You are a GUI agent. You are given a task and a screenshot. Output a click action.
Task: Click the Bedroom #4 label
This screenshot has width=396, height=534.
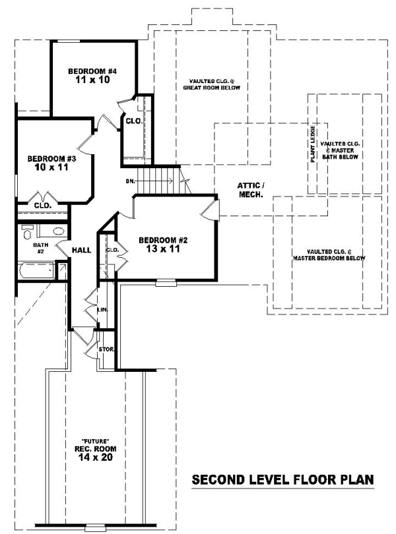92,71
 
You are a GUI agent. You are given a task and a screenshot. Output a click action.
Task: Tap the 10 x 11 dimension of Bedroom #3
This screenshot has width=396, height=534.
51,167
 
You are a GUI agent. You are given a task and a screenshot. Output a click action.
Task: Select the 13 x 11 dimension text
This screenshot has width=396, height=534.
163,249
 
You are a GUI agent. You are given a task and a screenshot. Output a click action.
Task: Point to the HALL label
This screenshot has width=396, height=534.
82,250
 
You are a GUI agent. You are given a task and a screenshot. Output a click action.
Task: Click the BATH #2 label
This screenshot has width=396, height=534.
40,248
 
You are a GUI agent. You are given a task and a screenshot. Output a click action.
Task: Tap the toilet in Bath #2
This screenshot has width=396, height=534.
26,233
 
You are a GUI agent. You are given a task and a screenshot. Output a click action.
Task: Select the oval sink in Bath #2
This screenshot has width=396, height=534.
59,231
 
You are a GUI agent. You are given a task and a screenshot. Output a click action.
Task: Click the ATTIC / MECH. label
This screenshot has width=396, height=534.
251,190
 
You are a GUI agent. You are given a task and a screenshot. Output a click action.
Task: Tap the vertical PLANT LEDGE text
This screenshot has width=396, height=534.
313,144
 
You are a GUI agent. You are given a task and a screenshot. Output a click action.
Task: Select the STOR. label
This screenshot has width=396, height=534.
106,349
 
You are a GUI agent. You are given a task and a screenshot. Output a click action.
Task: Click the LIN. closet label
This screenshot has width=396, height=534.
103,310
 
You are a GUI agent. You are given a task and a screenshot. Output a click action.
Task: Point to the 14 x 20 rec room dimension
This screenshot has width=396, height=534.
96,457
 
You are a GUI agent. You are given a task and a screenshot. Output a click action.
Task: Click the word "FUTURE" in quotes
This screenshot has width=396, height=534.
96,441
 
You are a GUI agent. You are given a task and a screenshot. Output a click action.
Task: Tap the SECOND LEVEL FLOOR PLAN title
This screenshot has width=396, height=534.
282,479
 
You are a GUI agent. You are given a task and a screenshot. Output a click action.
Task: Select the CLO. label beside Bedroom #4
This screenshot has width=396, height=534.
134,121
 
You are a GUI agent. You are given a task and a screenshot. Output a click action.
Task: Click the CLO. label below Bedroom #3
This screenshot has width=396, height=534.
43,206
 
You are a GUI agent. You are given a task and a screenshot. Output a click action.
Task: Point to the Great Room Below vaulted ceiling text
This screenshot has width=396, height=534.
211,84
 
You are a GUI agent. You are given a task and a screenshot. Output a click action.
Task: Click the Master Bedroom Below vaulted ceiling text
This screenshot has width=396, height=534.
329,254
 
